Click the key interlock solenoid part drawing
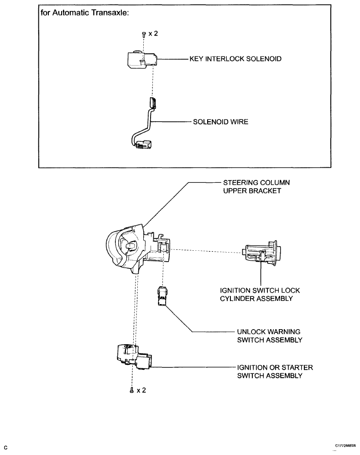[x=142, y=59]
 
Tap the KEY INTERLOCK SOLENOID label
[x=235, y=59]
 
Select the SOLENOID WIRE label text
[x=221, y=122]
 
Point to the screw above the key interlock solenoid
[x=143, y=34]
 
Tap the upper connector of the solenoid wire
[x=152, y=103]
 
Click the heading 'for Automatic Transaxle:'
[x=85, y=13]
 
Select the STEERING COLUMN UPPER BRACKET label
[x=256, y=186]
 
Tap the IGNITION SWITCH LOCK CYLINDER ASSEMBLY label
[x=260, y=295]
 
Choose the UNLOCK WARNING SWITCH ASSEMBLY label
[x=270, y=336]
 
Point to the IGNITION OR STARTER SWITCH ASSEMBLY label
[x=275, y=372]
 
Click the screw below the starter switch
[x=131, y=390]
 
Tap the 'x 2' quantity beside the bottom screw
[x=141, y=390]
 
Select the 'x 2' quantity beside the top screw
[x=153, y=34]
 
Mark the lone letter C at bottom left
[x=5, y=448]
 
